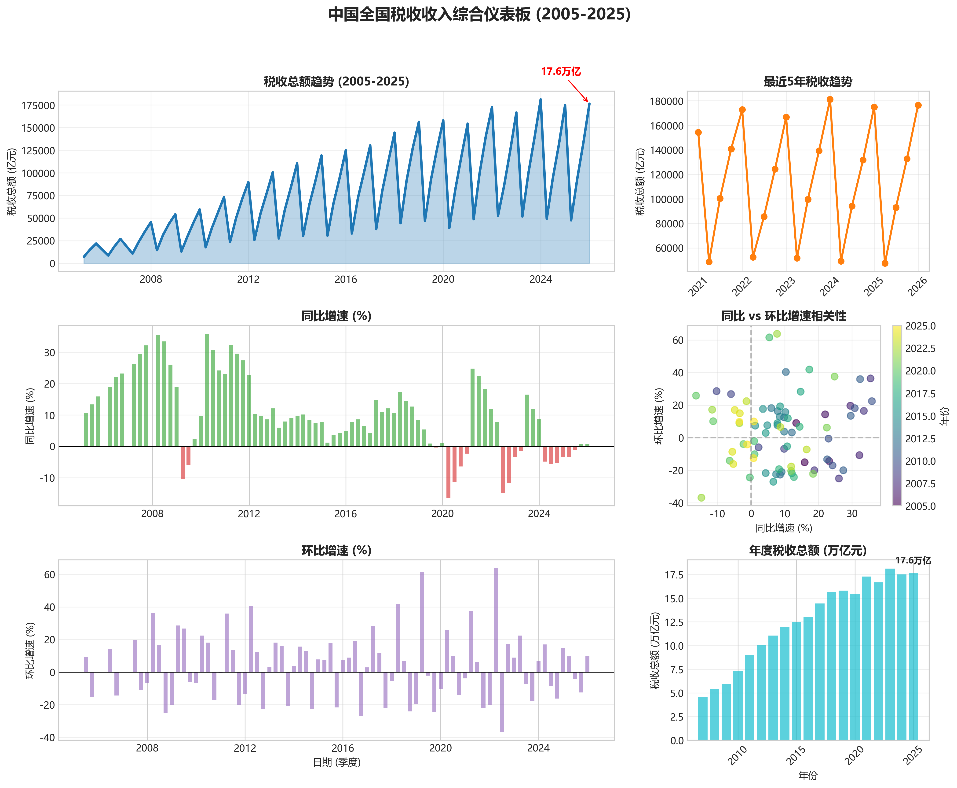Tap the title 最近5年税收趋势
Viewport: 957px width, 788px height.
tap(808, 82)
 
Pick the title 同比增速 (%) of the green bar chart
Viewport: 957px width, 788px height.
tap(336, 316)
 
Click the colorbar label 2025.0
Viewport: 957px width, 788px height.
tap(920, 326)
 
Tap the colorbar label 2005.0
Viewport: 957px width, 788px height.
tap(920, 506)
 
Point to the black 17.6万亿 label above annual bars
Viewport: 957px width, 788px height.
tap(913, 561)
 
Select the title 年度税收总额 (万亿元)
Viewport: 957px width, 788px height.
tap(808, 551)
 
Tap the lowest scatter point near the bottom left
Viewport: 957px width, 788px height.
tap(701, 498)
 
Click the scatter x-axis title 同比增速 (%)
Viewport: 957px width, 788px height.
tap(784, 528)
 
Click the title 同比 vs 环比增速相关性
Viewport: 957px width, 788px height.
tap(784, 316)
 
